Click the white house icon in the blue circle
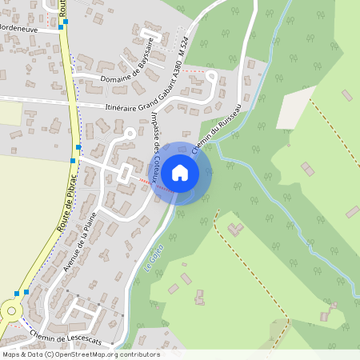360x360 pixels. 180,172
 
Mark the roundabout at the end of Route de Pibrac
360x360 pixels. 9,310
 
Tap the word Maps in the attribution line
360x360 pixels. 11,354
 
